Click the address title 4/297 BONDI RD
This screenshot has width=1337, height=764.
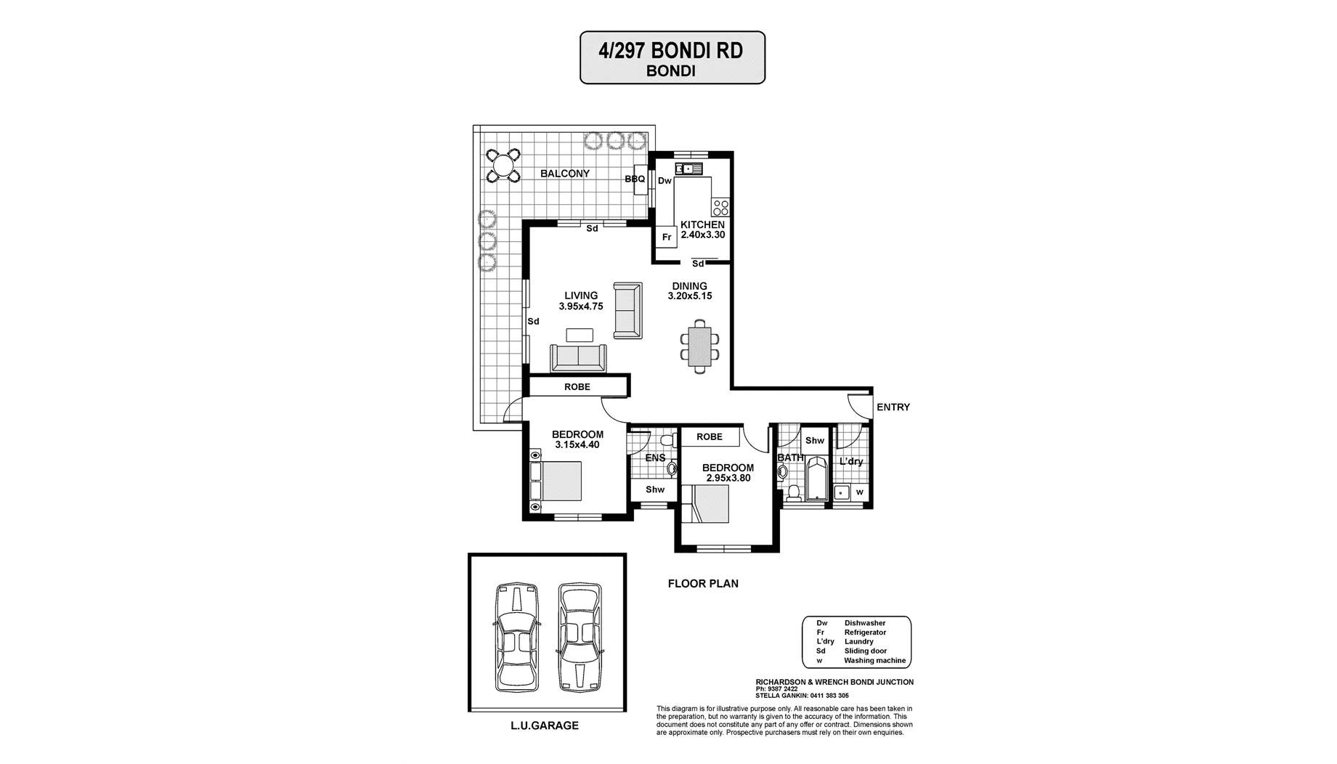pos(671,51)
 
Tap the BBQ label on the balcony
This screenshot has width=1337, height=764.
pos(635,179)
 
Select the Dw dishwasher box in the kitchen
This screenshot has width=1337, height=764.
pos(665,181)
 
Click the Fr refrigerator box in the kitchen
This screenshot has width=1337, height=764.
pos(667,237)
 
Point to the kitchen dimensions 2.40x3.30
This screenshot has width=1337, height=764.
pos(702,235)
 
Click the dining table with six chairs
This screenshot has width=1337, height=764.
pos(699,346)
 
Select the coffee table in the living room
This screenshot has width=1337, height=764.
pos(580,336)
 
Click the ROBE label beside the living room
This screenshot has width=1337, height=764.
pos(577,387)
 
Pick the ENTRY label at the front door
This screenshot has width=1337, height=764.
pos(893,407)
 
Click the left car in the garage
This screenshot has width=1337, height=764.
pos(516,636)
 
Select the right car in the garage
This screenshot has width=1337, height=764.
pos(580,636)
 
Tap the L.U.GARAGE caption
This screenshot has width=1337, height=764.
pos(545,726)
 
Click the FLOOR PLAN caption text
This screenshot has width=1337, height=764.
pos(703,583)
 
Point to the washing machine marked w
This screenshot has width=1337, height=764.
pos(860,492)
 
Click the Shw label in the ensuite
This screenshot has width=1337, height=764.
pos(655,489)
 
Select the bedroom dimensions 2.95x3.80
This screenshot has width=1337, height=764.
pos(727,479)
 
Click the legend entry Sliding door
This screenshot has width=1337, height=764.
pos(865,651)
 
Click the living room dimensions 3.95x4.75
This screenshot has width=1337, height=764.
pos(581,306)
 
